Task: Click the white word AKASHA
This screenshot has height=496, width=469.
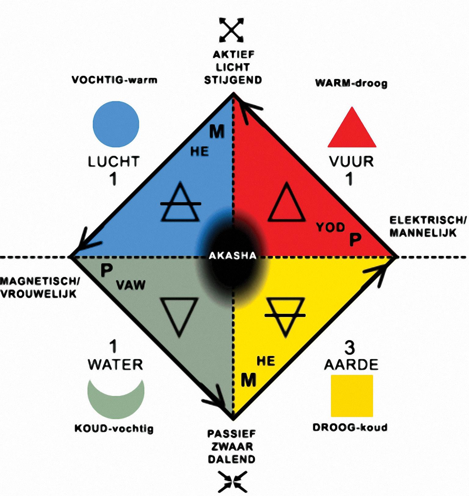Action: coord(232,255)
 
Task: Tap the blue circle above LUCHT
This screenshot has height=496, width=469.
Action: coord(116,124)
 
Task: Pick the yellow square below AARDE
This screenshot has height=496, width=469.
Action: coord(352,396)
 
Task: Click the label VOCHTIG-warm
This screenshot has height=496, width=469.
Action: coord(115,80)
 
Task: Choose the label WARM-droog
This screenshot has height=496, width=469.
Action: coord(351,83)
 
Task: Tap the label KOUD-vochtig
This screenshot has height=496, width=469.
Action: coord(114,429)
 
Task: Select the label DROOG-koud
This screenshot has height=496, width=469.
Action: coord(350,427)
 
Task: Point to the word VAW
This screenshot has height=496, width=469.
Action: coord(131,285)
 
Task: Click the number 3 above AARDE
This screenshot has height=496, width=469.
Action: coord(350,348)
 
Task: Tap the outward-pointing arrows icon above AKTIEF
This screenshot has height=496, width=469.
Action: coord(232,30)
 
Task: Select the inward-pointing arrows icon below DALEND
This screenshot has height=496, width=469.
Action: coord(232,481)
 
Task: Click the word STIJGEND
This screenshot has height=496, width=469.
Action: coord(233,80)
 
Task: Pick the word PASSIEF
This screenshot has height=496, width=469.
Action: coord(231,433)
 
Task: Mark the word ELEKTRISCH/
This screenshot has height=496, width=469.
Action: coord(428,220)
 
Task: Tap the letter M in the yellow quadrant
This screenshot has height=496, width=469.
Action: coord(249,380)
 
